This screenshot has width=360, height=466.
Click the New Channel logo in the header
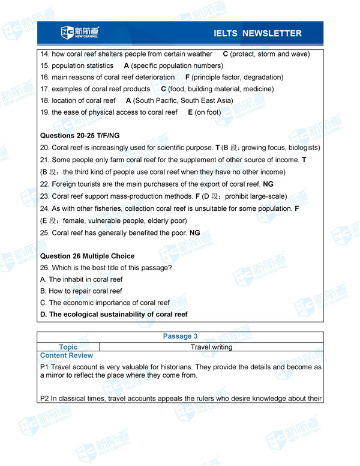pyautogui.click(x=80, y=32)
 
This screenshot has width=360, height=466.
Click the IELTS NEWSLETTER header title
pyautogui.click(x=257, y=33)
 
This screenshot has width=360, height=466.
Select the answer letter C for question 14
pyautogui.click(x=225, y=54)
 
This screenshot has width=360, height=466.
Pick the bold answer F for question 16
pyautogui.click(x=187, y=77)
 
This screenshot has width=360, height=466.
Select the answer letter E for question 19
pyautogui.click(x=190, y=112)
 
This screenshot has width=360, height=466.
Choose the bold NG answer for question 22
pyautogui.click(x=268, y=184)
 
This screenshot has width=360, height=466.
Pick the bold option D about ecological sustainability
pyautogui.click(x=113, y=314)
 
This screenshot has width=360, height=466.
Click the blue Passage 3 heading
pyautogui.click(x=180, y=336)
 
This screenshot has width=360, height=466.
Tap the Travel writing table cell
pyautogui.click(x=211, y=347)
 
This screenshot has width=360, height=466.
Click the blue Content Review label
pyautogui.click(x=67, y=356)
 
